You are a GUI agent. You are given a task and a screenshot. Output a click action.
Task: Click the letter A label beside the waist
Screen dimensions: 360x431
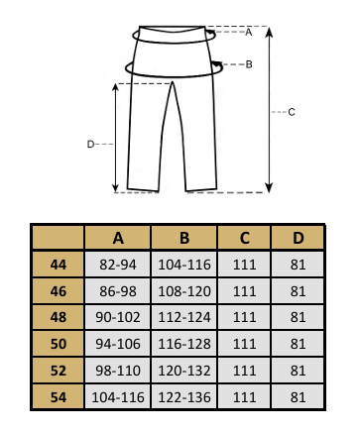(x=249, y=32)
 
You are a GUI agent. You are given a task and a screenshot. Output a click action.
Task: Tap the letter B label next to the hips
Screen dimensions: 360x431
(x=249, y=64)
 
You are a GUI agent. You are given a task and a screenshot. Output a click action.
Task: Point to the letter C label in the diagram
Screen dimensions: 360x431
(x=292, y=112)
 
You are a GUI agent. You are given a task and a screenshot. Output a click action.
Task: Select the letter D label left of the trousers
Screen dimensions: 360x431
(x=90, y=145)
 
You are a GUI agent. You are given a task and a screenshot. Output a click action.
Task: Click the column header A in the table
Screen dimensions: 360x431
(x=118, y=238)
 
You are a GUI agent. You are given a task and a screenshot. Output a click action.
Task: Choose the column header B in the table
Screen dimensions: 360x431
(x=184, y=238)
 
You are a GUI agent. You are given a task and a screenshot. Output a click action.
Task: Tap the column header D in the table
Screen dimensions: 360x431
(x=298, y=238)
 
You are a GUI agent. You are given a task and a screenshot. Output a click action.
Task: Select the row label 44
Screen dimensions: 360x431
(x=59, y=265)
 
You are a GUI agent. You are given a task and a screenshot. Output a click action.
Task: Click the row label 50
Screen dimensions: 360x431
(x=59, y=344)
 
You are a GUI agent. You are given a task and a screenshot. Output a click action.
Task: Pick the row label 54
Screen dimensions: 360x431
(x=59, y=397)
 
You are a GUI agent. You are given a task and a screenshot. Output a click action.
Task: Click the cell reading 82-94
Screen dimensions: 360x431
(x=118, y=265)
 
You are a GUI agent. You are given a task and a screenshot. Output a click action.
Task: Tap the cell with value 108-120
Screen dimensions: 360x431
(x=184, y=291)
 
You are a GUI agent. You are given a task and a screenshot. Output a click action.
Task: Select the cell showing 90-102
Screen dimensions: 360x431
(x=118, y=317)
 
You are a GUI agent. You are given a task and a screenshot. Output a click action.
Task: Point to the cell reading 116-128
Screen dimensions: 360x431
(x=184, y=344)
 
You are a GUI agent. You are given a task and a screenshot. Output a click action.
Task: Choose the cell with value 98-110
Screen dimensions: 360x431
(x=118, y=371)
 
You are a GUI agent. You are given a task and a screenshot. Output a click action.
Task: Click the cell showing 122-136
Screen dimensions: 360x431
(x=184, y=397)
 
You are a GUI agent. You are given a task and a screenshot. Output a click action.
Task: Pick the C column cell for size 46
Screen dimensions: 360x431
(x=245, y=291)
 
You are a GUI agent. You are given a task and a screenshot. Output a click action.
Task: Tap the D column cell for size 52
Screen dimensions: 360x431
(x=298, y=371)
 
